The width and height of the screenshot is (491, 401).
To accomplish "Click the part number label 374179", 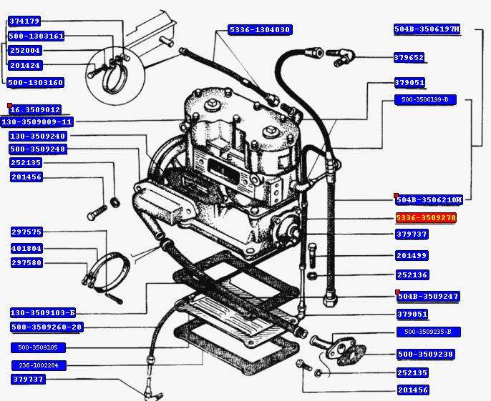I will click(x=24, y=21).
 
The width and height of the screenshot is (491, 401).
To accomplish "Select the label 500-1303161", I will click(x=36, y=36).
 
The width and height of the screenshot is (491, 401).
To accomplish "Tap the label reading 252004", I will click(x=24, y=51).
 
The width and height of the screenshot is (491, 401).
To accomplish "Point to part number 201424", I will click(x=24, y=65).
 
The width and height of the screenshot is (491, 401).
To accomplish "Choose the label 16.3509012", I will click(x=34, y=109).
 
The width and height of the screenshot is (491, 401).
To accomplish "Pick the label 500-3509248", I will click(x=37, y=149).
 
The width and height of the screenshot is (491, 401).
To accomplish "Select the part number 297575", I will click(x=26, y=232).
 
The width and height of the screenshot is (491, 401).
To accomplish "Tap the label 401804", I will click(x=26, y=249).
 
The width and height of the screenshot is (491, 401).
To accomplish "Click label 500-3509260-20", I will click(x=47, y=327).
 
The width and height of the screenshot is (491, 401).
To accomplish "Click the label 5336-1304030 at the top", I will click(x=259, y=29).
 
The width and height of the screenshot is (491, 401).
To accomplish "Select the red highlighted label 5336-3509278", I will click(x=426, y=218).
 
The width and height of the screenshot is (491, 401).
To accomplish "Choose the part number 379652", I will click(x=409, y=58).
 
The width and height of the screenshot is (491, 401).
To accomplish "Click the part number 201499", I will click(x=412, y=256).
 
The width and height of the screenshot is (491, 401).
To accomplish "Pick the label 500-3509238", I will click(x=425, y=355).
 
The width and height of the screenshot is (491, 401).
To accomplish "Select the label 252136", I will click(x=412, y=275).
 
